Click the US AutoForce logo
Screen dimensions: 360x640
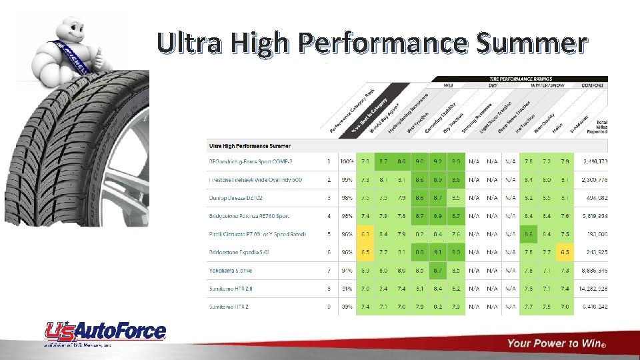(105, 333)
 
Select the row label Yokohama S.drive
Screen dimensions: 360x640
(231, 271)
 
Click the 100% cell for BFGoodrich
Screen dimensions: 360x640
(347, 161)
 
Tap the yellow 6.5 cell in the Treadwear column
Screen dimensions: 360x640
(565, 253)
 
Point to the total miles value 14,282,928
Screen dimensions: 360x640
(593, 289)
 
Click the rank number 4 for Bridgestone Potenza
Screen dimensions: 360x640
(329, 216)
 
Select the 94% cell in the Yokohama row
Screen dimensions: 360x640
(347, 271)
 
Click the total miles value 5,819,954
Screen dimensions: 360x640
(593, 216)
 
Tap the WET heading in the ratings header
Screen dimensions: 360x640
(448, 85)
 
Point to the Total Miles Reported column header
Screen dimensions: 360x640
(597, 127)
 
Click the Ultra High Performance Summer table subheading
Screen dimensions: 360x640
(250, 145)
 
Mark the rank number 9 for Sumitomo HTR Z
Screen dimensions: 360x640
(329, 307)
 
